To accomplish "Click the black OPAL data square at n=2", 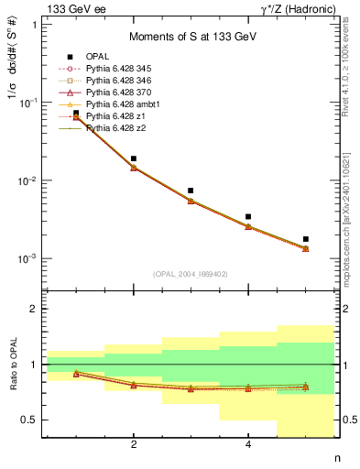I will (134, 158).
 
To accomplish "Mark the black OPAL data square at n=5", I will (305, 239).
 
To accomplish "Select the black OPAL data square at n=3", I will (191, 191).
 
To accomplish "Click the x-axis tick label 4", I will (248, 445).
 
